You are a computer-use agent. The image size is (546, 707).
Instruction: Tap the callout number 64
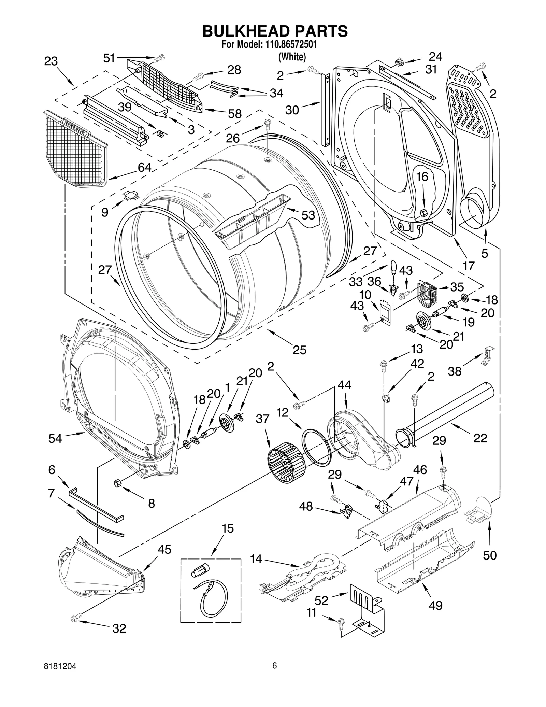pyautogui.click(x=144, y=167)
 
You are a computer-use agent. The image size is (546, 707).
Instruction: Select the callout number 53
pyautogui.click(x=308, y=215)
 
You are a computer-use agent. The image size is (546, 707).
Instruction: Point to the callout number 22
pyautogui.click(x=480, y=438)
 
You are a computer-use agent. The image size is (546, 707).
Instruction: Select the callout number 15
pyautogui.click(x=228, y=528)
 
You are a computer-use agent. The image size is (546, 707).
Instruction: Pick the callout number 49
pyautogui.click(x=436, y=605)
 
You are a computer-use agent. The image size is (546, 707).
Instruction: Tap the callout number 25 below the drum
pyautogui.click(x=299, y=350)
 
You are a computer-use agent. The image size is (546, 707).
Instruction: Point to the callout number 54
pyautogui.click(x=55, y=438)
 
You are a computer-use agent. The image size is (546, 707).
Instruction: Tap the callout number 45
pyautogui.click(x=164, y=550)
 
